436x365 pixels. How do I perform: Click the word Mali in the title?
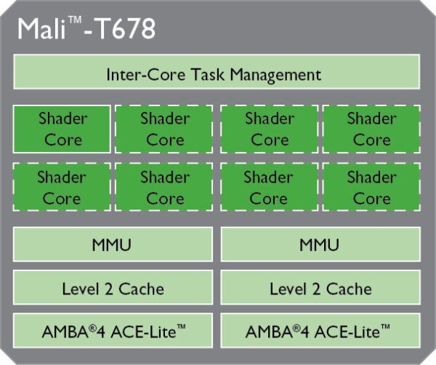point(40,31)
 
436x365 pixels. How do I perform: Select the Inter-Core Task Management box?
point(217,73)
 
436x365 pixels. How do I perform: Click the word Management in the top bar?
point(280,74)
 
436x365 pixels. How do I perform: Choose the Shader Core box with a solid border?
point(62,128)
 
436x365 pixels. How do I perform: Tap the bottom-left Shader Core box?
point(62,187)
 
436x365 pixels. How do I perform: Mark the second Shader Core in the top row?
point(165,128)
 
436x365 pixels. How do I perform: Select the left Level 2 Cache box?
point(113,288)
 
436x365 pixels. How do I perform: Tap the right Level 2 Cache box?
point(320,288)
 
